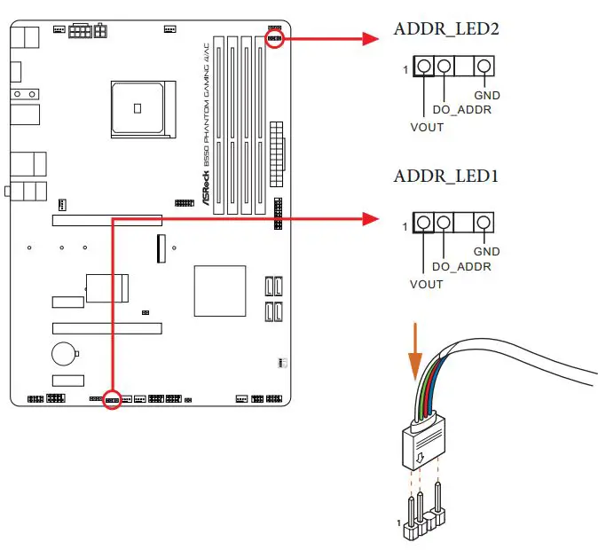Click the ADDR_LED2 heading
pos(446,30)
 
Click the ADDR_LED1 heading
pos(446,177)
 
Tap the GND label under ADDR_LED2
pos(486,95)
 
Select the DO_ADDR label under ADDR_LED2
pos(461,110)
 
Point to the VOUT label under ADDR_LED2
pos(427,127)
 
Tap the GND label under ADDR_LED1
pos(486,252)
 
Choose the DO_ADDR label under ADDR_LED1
pos(461,267)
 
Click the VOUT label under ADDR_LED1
pos(427,284)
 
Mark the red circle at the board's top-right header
pos(274,39)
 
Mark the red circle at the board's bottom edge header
pos(113,400)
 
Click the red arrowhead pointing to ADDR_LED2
pos(372,38)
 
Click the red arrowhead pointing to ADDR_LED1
pos(372,217)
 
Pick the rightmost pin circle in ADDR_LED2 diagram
pos(484,67)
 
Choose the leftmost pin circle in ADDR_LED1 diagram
pos(424,223)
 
